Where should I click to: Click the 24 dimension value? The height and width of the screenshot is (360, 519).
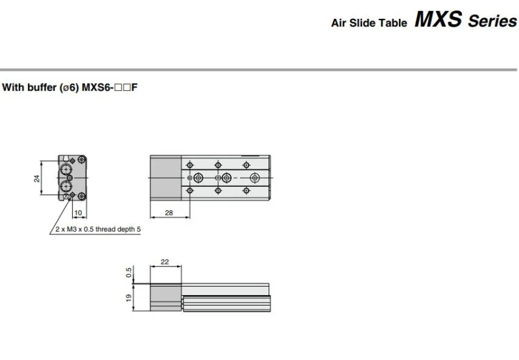[x=38, y=178]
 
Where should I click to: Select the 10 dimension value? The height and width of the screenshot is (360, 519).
[x=78, y=212]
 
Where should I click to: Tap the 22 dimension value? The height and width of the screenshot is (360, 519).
[x=164, y=262]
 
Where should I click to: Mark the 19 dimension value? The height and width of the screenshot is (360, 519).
[x=128, y=297]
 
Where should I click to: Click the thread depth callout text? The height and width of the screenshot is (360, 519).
[x=95, y=228]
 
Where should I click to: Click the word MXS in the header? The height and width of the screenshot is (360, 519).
[x=439, y=19]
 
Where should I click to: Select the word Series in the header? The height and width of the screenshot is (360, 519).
[x=492, y=21]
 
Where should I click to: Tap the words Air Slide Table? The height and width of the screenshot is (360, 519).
[x=368, y=23]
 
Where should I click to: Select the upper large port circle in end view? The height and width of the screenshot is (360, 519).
[x=67, y=170]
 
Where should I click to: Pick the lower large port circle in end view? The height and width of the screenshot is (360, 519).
[x=67, y=187]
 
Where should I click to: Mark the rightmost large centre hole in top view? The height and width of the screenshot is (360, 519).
[x=255, y=178]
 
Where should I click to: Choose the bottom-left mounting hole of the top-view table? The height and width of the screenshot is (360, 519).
[x=189, y=191]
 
